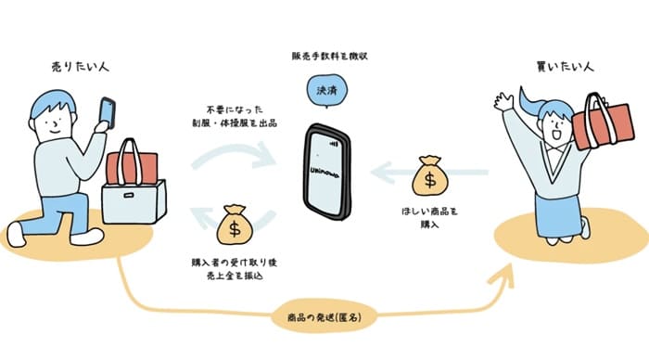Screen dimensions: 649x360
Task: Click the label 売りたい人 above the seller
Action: point(80,66)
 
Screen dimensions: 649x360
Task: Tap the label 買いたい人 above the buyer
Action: point(565,66)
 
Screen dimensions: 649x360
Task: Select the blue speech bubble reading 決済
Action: point(326,91)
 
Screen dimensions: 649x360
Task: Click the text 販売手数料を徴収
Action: point(329,57)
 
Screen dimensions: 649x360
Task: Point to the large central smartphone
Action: point(327,171)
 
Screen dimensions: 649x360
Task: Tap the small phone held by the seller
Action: point(108,112)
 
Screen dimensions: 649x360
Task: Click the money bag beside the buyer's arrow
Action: point(430,175)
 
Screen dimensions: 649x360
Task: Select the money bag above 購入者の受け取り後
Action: point(235,224)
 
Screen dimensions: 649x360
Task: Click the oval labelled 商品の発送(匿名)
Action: point(324,317)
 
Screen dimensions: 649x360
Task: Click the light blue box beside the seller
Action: point(134,202)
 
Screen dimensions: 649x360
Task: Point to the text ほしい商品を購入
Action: point(430,218)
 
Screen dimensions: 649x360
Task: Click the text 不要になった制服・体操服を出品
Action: point(235,116)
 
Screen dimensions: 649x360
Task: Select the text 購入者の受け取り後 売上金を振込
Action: point(235,269)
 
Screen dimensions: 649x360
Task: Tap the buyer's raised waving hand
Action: point(503,101)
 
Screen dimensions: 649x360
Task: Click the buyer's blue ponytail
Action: point(532,104)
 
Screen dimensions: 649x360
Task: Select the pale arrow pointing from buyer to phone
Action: point(429,173)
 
